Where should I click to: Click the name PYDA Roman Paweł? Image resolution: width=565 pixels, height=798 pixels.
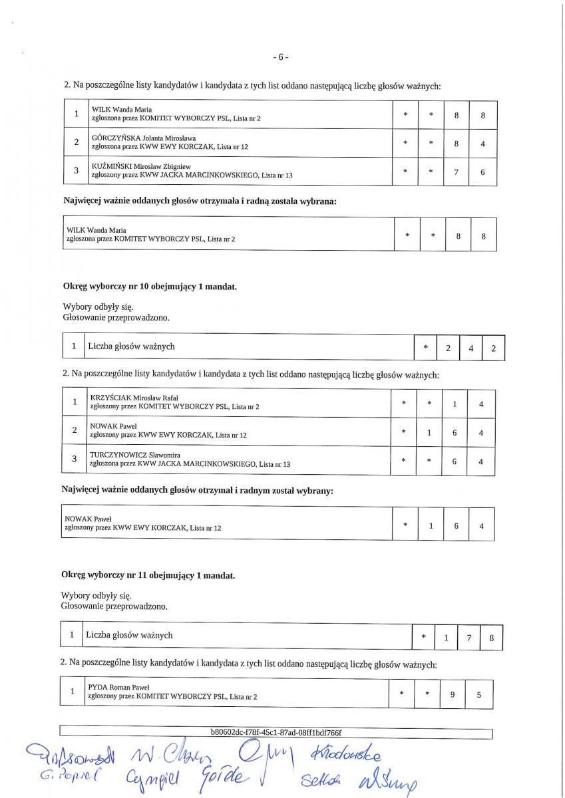point(118,688)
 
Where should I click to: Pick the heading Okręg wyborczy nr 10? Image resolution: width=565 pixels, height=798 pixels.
point(148,287)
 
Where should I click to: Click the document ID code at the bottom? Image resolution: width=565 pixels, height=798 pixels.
point(276,733)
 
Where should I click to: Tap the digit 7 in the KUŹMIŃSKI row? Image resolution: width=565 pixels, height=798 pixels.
point(457,172)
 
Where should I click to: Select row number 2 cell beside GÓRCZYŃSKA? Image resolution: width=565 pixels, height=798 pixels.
point(77,142)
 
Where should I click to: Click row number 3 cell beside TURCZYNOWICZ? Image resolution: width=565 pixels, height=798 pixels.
point(75,460)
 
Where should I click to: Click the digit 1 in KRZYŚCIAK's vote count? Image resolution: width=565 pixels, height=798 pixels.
point(455,404)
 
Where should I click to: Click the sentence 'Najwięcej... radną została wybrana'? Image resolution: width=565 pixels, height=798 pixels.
point(200,201)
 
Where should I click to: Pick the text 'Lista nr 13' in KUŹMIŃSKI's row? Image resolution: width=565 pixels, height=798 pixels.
point(277,176)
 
